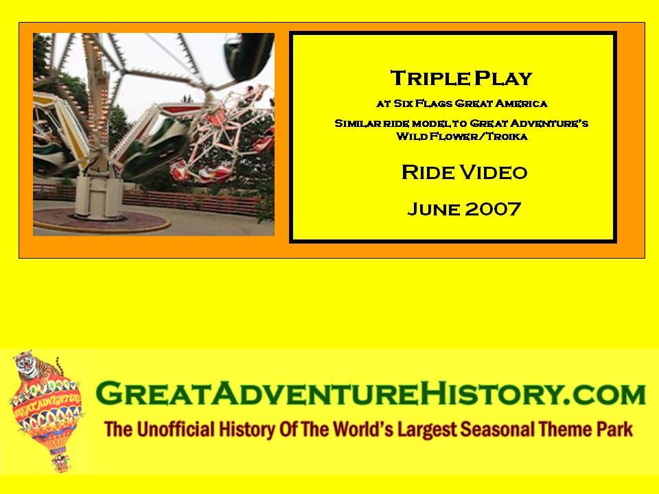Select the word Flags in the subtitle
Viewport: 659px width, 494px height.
[434, 104]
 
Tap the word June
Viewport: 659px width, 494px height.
[434, 209]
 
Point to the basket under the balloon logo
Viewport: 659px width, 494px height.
[61, 462]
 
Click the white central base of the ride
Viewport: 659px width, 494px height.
[99, 198]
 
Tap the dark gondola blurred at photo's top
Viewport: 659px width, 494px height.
[248, 56]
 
